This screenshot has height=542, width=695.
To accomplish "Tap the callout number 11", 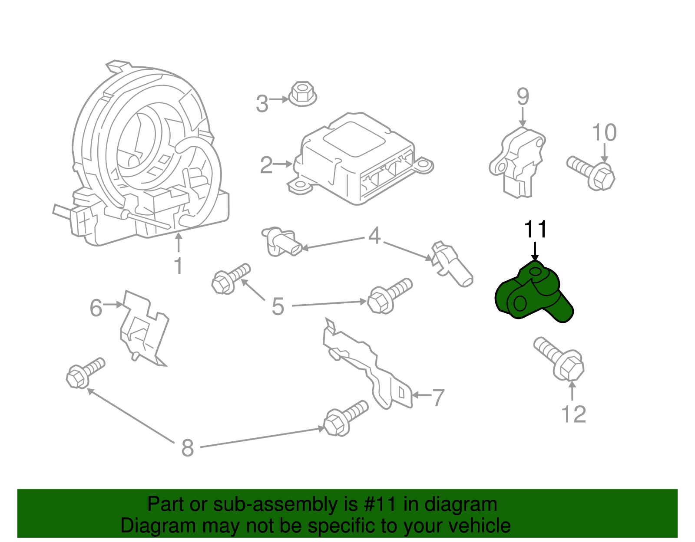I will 535,230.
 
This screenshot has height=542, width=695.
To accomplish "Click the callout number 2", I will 266,165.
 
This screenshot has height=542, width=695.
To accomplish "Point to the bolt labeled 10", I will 592,174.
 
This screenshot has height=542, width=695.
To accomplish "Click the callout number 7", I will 438,397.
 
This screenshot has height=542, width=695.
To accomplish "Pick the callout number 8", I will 187,448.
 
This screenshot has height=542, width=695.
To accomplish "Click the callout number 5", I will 278,306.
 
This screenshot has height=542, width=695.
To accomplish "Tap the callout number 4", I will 374,236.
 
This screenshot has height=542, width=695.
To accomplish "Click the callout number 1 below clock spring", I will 178,266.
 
